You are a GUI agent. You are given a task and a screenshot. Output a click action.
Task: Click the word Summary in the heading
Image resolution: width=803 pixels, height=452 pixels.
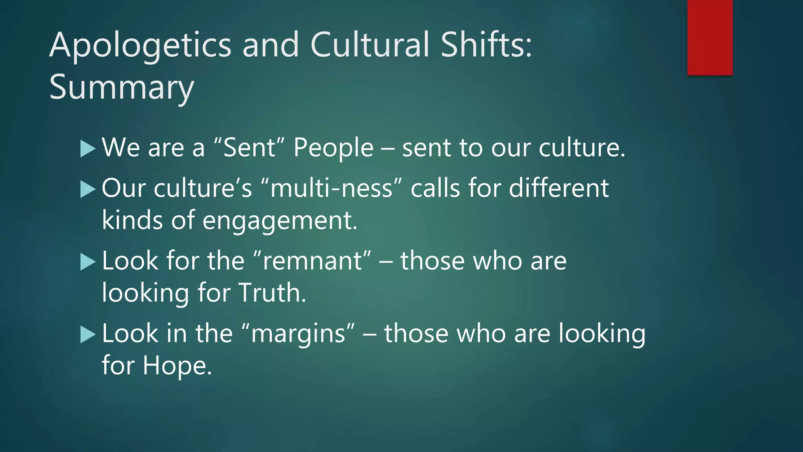click(x=122, y=88)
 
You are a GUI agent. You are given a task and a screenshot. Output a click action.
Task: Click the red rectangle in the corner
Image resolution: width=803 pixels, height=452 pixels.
click(x=710, y=37)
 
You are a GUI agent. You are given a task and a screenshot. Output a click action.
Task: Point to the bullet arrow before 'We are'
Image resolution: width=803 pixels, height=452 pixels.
click(x=87, y=149)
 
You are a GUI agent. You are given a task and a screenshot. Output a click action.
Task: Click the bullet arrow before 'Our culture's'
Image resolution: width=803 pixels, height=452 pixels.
click(x=87, y=190)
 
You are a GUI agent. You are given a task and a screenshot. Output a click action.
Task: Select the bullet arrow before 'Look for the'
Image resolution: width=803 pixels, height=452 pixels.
click(x=87, y=262)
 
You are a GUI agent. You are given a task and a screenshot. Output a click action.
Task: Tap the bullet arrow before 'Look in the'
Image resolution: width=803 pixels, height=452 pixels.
click(x=87, y=334)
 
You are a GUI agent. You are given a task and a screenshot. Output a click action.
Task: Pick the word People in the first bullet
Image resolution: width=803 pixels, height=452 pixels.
click(x=333, y=148)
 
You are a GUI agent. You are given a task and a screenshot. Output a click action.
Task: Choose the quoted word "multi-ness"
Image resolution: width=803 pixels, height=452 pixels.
click(x=331, y=188)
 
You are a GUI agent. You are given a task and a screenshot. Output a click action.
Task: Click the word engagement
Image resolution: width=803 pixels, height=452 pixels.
click(x=280, y=221)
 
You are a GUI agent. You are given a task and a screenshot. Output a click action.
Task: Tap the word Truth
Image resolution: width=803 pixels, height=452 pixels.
click(x=272, y=293)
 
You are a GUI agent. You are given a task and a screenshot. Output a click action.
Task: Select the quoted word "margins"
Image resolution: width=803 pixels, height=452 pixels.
click(x=298, y=334)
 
